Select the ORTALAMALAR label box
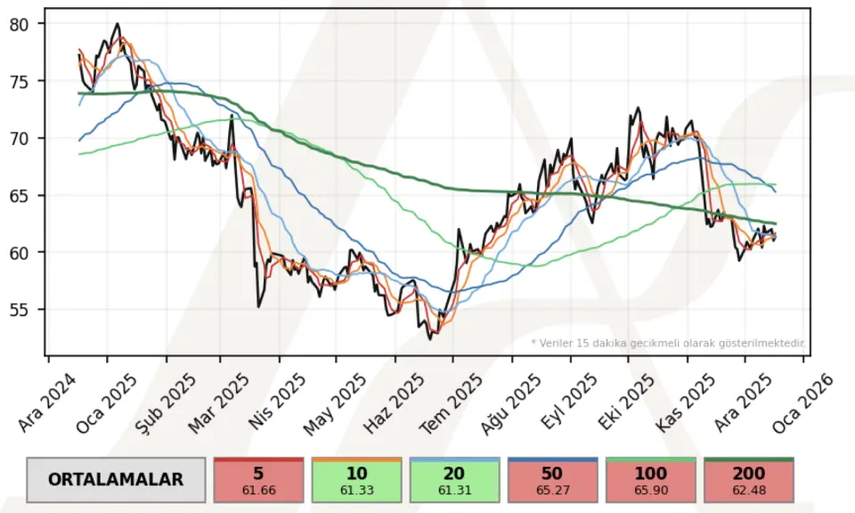tap(116, 479)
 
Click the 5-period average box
tap(258, 479)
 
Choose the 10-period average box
tap(356, 479)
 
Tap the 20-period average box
tap(454, 479)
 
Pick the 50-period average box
tap(552, 479)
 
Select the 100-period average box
tap(650, 479)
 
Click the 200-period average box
tap(748, 479)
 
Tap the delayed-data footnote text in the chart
tap(668, 342)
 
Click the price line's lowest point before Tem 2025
tap(430, 338)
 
